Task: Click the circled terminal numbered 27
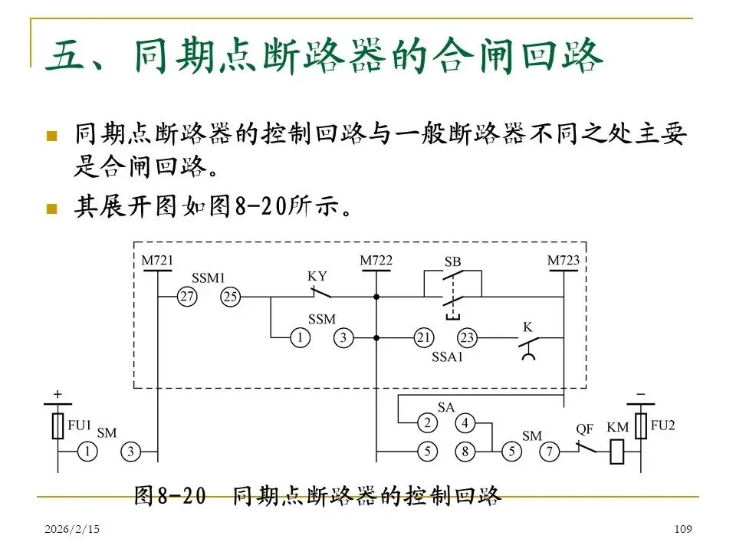pos(187,297)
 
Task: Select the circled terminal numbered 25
pos(230,297)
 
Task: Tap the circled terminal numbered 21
pos(424,337)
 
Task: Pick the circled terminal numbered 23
pos(468,337)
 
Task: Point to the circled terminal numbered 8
pos(465,452)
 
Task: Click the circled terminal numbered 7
pos(549,452)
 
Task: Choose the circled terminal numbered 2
pos(429,422)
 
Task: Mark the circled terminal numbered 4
pos(465,422)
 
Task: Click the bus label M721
pos(157,261)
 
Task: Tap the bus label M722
pos(376,261)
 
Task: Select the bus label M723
pos(563,261)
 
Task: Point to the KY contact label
pos(317,276)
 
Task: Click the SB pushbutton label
pos(453,262)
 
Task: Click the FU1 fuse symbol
pos(58,427)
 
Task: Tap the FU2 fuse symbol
pos(640,427)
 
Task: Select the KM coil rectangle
pos(619,452)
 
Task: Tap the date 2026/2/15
pos(72,530)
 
